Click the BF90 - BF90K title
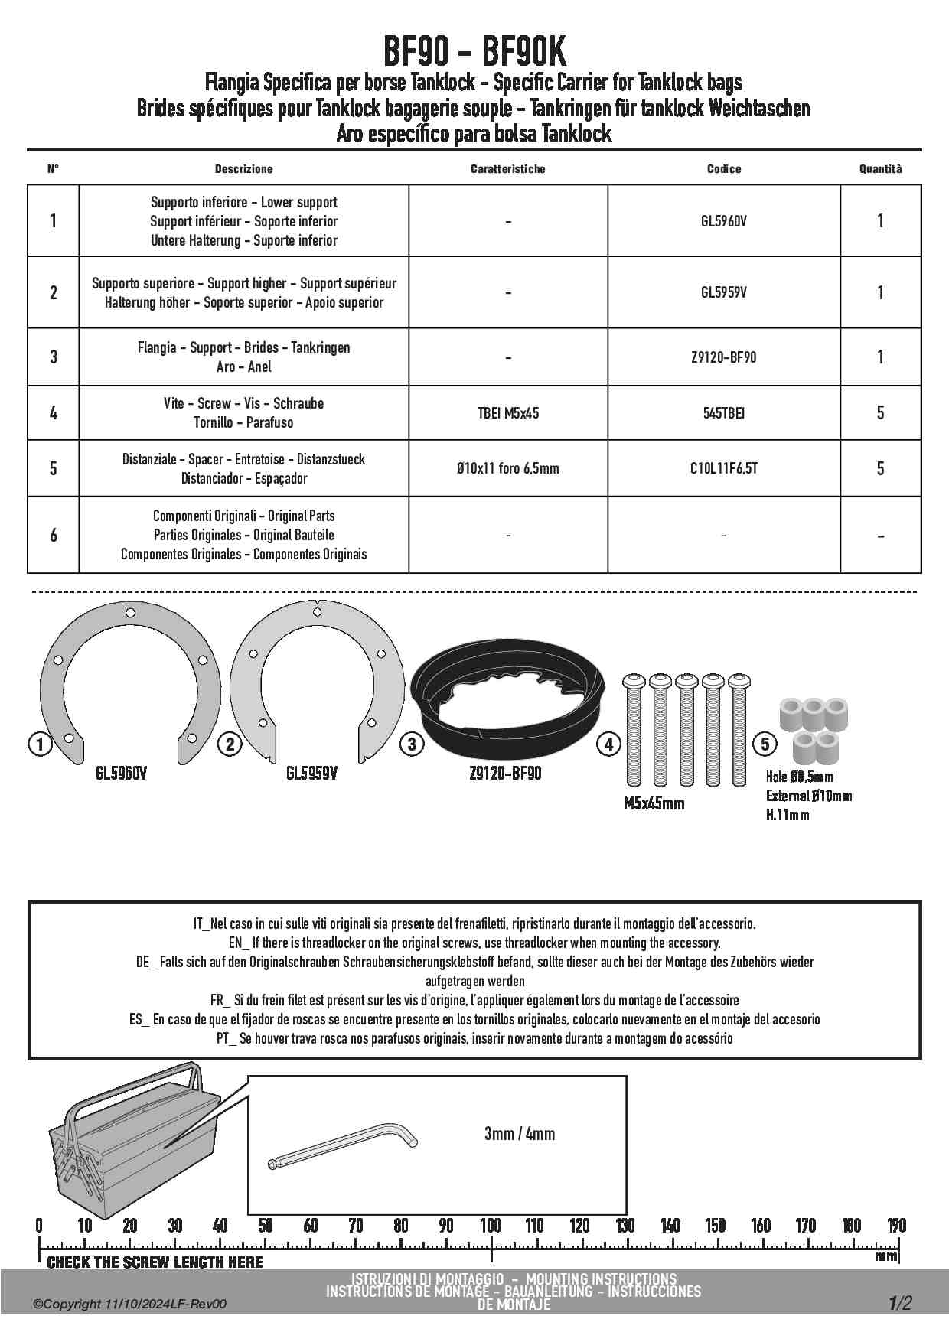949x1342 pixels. tap(474, 52)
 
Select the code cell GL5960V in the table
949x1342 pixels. tap(723, 221)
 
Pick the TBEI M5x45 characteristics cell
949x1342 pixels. tap(507, 413)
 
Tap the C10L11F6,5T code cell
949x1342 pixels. tap(723, 468)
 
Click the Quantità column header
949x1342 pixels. tap(880, 169)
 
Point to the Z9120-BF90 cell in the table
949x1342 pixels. tap(723, 357)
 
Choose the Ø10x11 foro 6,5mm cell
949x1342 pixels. tap(507, 468)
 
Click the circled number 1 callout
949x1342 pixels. tap(39, 743)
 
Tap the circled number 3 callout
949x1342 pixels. tap(412, 744)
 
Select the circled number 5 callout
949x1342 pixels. tap(765, 744)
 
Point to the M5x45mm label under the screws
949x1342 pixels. tap(654, 803)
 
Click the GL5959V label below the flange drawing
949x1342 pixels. tap(311, 774)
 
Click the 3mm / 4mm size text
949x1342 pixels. tap(519, 1133)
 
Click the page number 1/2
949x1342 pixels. tap(900, 1302)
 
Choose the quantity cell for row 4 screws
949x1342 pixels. tap(880, 413)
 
